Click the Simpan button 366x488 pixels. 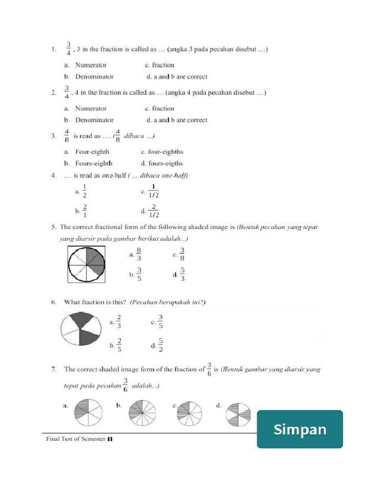[x=300, y=429]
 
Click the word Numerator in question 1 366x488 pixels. [x=91, y=65]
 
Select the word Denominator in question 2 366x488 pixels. [x=94, y=120]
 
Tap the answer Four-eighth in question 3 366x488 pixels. [x=92, y=152]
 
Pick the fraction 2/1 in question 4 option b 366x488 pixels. [x=84, y=210]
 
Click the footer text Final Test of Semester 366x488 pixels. [x=76, y=439]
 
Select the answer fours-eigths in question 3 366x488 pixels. [x=165, y=163]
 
